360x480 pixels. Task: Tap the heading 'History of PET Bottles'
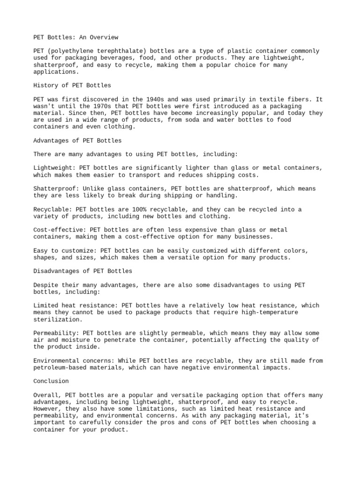point(72,85)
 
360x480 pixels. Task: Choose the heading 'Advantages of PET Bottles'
point(77,141)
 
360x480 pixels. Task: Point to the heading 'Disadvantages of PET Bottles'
point(83,271)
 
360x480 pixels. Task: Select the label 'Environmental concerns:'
point(74,360)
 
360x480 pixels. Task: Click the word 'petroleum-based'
point(60,367)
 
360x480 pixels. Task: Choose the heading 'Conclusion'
point(51,381)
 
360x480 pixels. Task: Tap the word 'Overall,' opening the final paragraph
point(47,395)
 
